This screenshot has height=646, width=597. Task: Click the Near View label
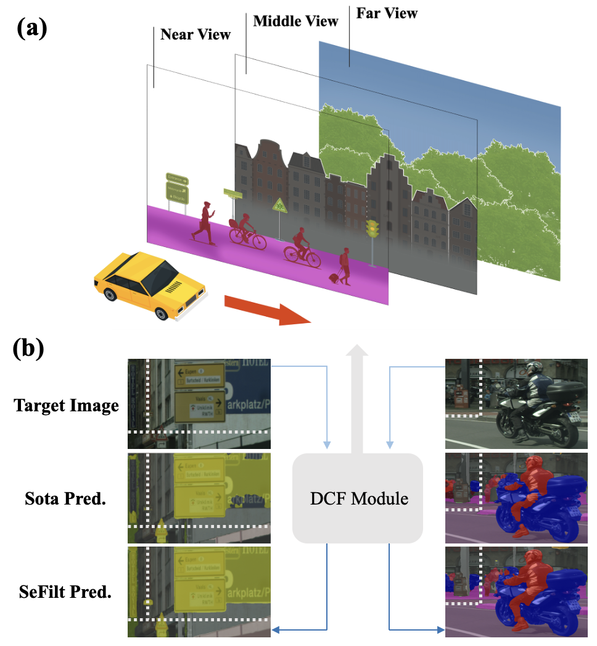pyautogui.click(x=195, y=34)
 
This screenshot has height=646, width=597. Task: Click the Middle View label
pyautogui.click(x=295, y=21)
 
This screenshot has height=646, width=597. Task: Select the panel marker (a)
pyautogui.click(x=31, y=28)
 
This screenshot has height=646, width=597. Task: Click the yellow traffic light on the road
pyautogui.click(x=372, y=230)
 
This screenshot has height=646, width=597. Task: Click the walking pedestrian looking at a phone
pyautogui.click(x=205, y=223)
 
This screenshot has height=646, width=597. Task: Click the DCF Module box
pyautogui.click(x=358, y=498)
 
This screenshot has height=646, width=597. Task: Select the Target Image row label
pyautogui.click(x=66, y=406)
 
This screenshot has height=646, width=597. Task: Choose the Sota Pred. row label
pyautogui.click(x=67, y=498)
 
